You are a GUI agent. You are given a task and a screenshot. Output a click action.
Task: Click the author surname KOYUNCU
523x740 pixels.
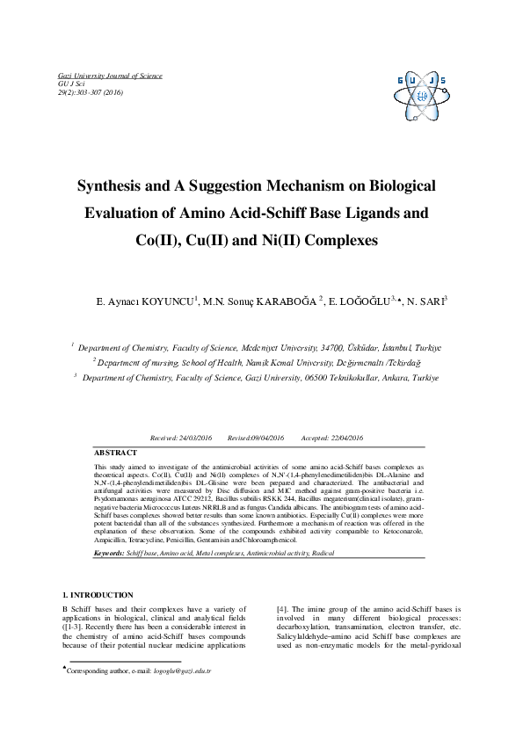168,301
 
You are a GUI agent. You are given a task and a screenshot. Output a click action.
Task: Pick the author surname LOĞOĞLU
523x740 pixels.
363,301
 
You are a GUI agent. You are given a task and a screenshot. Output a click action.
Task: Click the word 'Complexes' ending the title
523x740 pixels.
331,239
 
